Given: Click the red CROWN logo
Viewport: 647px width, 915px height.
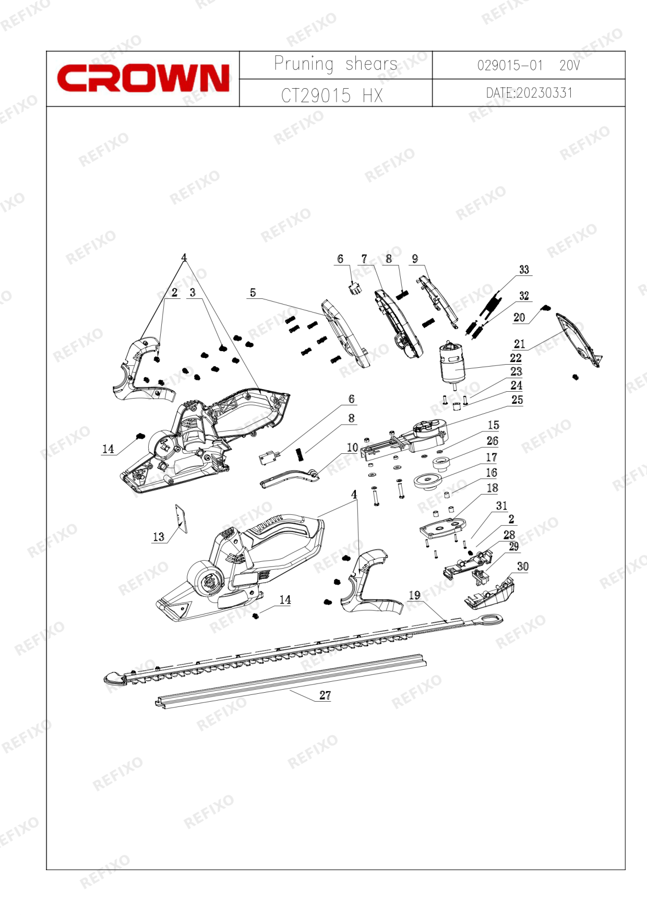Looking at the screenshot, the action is pyautogui.click(x=143, y=78).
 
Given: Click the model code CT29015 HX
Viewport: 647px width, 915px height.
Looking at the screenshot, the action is pyautogui.click(x=332, y=95).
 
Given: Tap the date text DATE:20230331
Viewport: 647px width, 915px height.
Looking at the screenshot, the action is pyautogui.click(x=529, y=93).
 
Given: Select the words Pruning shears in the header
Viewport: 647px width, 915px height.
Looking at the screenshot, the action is pyautogui.click(x=336, y=64).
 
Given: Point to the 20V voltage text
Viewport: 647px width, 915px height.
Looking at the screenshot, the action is pyautogui.click(x=569, y=65).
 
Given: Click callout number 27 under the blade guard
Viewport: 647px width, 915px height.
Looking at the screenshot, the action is pyautogui.click(x=325, y=695).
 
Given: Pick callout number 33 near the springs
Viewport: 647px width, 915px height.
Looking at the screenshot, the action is pyautogui.click(x=524, y=270).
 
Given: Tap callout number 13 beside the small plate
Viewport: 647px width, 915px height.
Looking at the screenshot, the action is pyautogui.click(x=159, y=537).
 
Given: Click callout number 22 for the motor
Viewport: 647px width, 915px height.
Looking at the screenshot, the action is pyautogui.click(x=516, y=358).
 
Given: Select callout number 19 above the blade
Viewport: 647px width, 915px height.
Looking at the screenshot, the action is pyautogui.click(x=414, y=595).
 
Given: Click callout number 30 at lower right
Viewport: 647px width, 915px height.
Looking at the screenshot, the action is pyautogui.click(x=522, y=567).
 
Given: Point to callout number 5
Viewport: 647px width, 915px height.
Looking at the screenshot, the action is pyautogui.click(x=253, y=293).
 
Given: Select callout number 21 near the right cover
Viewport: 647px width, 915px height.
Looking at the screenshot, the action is pyautogui.click(x=519, y=344).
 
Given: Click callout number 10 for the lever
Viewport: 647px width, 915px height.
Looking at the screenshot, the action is pyautogui.click(x=352, y=448).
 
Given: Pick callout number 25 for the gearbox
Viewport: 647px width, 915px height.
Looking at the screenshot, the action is pyautogui.click(x=517, y=400).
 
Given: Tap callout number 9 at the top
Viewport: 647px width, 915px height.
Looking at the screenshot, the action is pyautogui.click(x=415, y=259).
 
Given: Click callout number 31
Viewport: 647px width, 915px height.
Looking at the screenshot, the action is pyautogui.click(x=501, y=505).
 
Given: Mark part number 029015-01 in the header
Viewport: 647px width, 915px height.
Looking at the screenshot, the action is pyautogui.click(x=510, y=65).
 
